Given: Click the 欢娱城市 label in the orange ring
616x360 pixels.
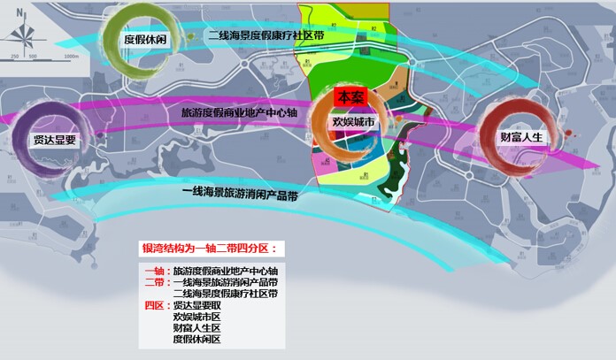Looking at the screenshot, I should [x=353, y=122].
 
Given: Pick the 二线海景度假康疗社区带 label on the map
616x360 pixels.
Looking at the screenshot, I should [x=265, y=35].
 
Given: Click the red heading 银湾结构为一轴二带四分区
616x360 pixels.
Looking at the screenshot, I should [x=210, y=249].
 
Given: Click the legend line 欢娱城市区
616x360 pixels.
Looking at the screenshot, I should [x=197, y=316].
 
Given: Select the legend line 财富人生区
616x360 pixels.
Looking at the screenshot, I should [x=197, y=327].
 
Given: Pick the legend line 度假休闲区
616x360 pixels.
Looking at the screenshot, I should [x=197, y=340].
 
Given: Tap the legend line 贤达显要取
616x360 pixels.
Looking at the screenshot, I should [x=197, y=304].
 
